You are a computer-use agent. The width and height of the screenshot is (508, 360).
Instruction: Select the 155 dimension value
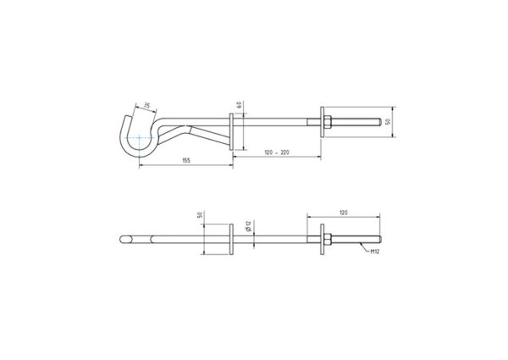(185, 161)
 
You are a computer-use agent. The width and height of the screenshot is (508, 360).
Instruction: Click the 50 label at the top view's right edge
(389, 122)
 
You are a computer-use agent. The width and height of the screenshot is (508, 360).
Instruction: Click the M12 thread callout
(374, 252)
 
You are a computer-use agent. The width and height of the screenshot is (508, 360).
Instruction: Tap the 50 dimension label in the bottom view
(201, 216)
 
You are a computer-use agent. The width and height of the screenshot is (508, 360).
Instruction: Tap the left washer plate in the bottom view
(231, 239)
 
